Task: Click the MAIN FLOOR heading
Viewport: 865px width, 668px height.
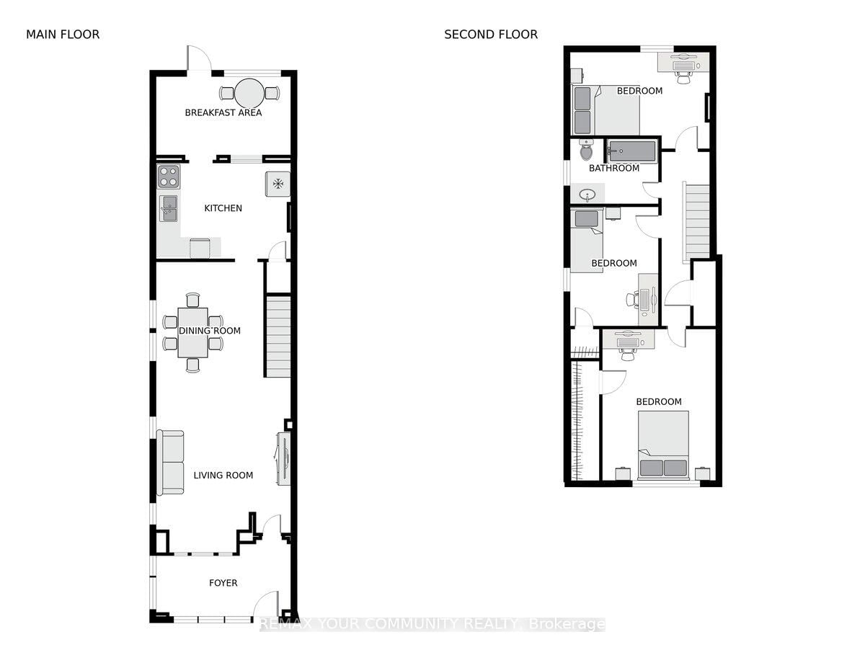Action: (x=63, y=35)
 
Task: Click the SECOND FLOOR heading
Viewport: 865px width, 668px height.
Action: (x=490, y=35)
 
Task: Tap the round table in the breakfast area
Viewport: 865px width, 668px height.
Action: (x=249, y=92)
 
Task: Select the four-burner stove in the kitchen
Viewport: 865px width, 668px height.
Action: (x=169, y=177)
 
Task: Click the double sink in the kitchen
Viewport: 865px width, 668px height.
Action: (x=169, y=209)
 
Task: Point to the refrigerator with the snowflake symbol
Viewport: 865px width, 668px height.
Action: (x=278, y=183)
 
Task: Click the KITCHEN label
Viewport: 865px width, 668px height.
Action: (x=223, y=208)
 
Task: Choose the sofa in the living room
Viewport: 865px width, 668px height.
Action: (x=171, y=463)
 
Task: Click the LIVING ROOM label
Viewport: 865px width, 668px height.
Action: (x=223, y=475)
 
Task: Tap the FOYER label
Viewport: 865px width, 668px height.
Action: (x=223, y=583)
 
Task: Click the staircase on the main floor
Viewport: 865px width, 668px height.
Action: (x=278, y=336)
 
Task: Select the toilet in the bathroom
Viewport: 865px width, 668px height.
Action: (x=586, y=151)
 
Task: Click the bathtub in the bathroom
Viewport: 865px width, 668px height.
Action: (x=631, y=151)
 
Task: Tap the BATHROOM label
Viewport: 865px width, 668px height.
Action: (x=614, y=169)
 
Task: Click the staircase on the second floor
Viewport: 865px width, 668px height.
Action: (x=696, y=220)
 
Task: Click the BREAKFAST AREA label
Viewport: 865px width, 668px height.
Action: (x=223, y=112)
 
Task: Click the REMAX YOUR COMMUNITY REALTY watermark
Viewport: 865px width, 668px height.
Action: (x=432, y=624)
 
